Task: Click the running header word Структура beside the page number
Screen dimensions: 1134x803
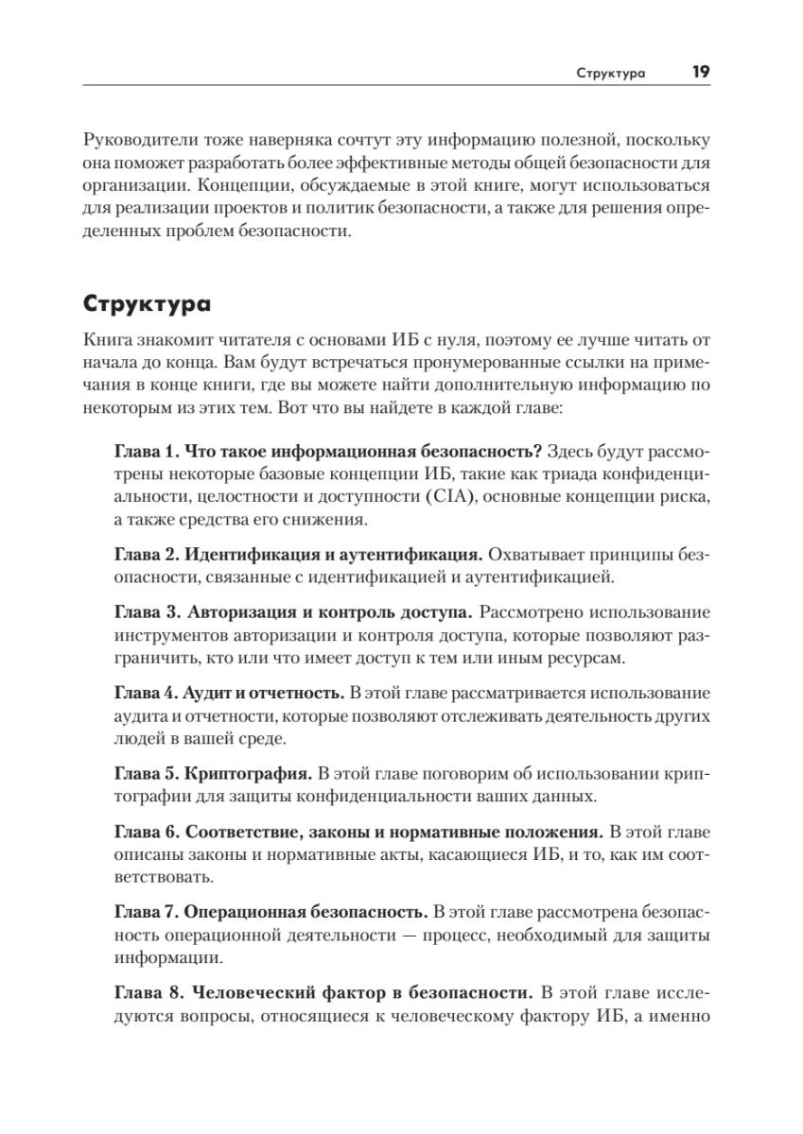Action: pos(612,74)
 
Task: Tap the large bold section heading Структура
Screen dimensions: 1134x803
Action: pos(147,307)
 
